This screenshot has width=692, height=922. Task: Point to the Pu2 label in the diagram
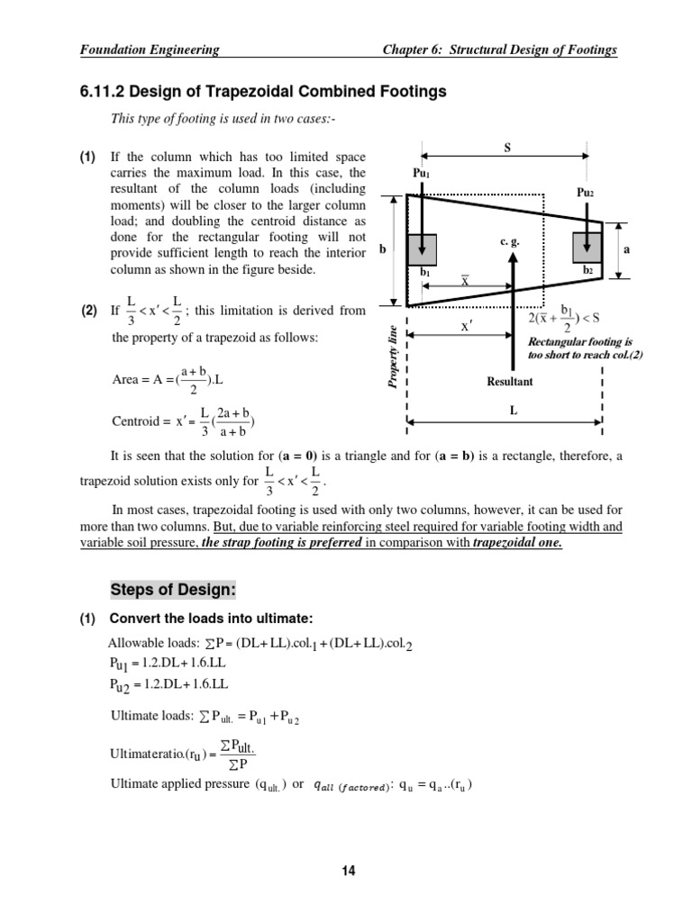pos(586,192)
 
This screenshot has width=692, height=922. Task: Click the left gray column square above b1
pos(423,249)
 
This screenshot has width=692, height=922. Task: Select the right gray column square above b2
pos(587,248)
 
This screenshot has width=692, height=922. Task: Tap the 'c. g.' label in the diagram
pos(510,241)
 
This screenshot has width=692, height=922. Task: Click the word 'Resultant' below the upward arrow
pos(511,382)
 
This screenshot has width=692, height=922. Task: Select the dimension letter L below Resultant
pos(513,408)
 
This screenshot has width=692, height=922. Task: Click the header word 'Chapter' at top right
pos(407,50)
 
